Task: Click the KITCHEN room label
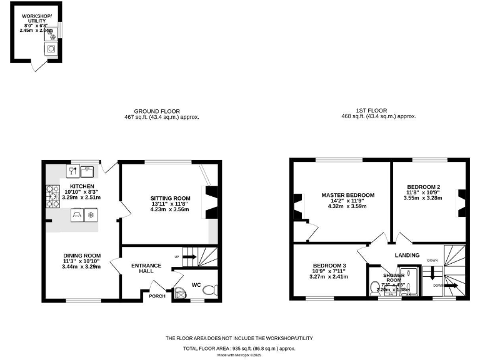tap(81, 186)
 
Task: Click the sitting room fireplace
tap(211, 202)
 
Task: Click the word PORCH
tap(157, 296)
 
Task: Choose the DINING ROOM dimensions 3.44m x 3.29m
tap(81, 266)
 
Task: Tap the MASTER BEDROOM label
tap(348, 195)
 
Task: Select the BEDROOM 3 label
tap(329, 266)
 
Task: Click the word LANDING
tap(407, 255)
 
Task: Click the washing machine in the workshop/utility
tap(50, 48)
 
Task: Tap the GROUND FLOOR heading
tap(162, 111)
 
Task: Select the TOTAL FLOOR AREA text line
tap(239, 348)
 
